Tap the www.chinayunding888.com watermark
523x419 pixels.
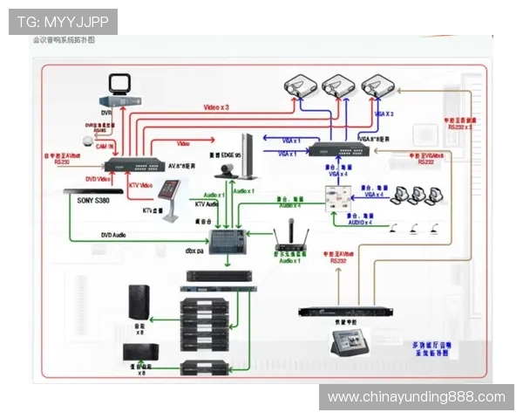point(416,397)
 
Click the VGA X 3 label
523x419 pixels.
point(383,114)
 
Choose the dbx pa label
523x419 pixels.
point(196,251)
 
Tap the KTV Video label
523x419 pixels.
point(140,185)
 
